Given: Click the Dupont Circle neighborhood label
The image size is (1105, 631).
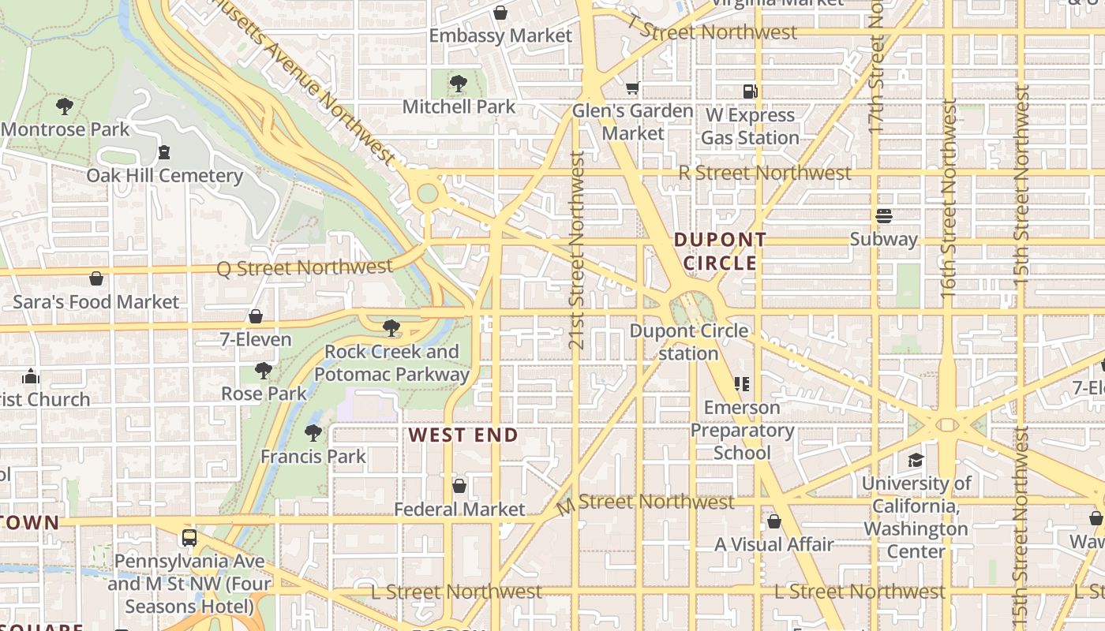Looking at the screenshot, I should click(x=719, y=251).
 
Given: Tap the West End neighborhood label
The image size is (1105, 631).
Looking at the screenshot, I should click(x=463, y=435).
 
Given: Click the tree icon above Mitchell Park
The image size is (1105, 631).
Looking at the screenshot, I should click(x=458, y=84).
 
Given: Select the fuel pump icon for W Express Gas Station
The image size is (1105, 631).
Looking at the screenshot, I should click(x=750, y=91).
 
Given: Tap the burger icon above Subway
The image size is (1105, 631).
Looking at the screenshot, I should click(x=883, y=216).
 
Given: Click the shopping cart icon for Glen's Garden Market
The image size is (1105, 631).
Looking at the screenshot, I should click(x=632, y=88).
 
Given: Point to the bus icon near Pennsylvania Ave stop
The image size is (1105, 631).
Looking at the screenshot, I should click(x=189, y=538).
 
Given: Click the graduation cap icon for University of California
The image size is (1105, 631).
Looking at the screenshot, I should click(x=916, y=460).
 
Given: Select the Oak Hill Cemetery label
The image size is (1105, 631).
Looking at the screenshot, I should click(x=164, y=175).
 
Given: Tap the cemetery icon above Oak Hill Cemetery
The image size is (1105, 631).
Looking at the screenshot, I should click(x=164, y=152).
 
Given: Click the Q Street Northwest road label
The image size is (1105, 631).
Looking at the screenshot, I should click(x=305, y=268).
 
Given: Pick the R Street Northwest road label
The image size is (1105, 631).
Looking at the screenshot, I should click(x=765, y=173).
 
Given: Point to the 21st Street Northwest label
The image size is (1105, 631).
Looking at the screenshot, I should click(x=577, y=250).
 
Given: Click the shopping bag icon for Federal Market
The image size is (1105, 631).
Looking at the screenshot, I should click(x=459, y=486).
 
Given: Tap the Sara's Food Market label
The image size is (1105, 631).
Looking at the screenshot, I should click(x=96, y=302).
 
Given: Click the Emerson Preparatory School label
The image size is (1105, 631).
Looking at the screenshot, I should click(x=742, y=430).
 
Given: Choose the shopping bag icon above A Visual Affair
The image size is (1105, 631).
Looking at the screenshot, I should click(x=773, y=521).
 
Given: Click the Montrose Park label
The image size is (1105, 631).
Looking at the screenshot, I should click(x=65, y=129).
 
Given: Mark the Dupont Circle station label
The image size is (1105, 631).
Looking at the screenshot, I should click(x=688, y=342).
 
